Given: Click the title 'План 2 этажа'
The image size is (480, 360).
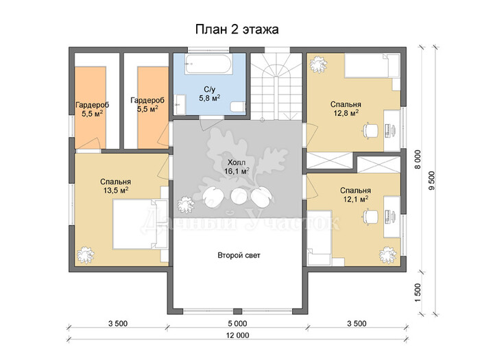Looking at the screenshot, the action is [x=237, y=29].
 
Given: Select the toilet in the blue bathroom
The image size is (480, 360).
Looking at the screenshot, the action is [x=238, y=107].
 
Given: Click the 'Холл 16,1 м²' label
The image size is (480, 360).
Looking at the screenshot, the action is [x=237, y=167].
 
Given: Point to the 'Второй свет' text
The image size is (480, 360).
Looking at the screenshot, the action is [x=239, y=255].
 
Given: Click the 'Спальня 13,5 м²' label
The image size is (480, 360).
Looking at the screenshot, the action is [x=115, y=186].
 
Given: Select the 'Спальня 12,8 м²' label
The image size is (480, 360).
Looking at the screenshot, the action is [x=346, y=108].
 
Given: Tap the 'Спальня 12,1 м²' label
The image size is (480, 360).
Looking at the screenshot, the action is [x=355, y=195].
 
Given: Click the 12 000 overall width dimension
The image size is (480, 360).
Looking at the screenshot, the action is [x=237, y=335].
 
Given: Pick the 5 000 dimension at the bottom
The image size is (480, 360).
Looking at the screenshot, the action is [x=237, y=323].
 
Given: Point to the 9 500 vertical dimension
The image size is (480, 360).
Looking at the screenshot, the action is [x=431, y=180].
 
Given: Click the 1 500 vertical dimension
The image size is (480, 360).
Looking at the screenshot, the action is [x=418, y=292].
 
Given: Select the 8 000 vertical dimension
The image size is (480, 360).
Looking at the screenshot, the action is [x=418, y=160].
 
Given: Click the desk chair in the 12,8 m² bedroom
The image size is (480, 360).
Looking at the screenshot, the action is [x=370, y=130].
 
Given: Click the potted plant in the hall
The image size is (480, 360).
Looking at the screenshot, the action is [x=185, y=204].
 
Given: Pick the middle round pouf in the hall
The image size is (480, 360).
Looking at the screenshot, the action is [x=238, y=197].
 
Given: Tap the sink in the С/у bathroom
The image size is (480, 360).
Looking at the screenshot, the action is [x=180, y=105].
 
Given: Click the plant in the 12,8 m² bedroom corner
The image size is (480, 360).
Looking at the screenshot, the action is [x=318, y=64].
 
